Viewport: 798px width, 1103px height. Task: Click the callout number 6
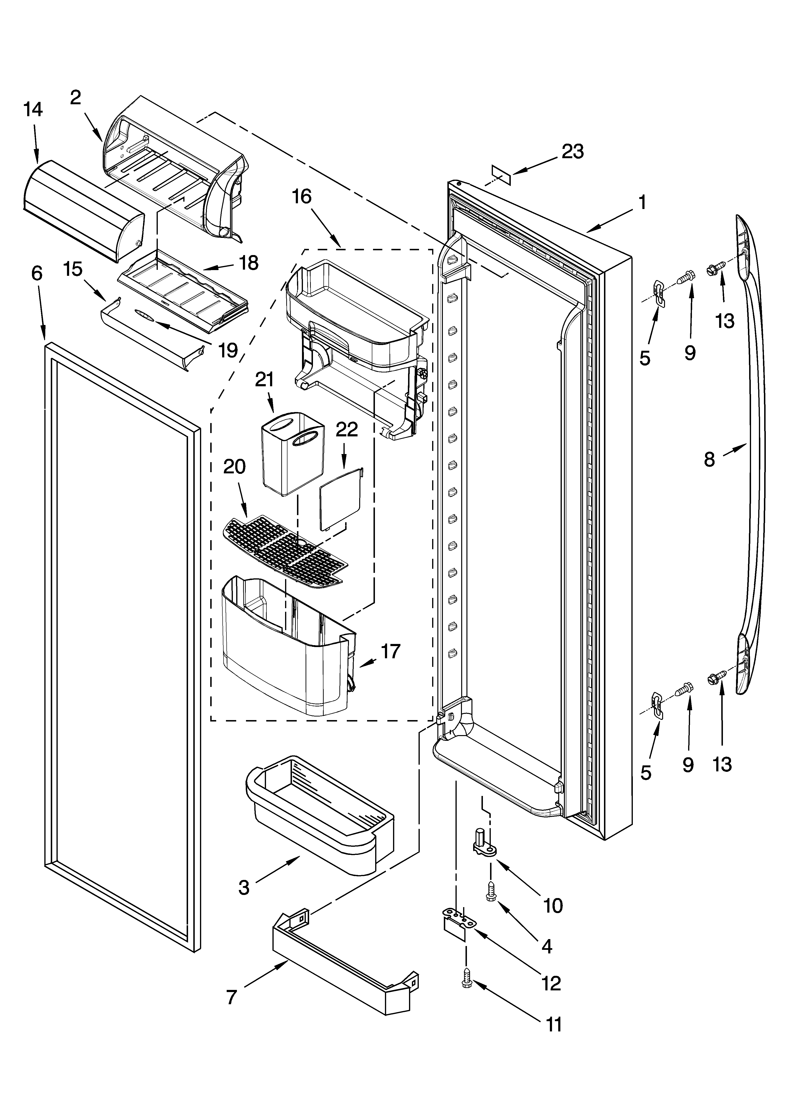[37, 274]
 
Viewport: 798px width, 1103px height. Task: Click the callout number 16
[301, 197]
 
